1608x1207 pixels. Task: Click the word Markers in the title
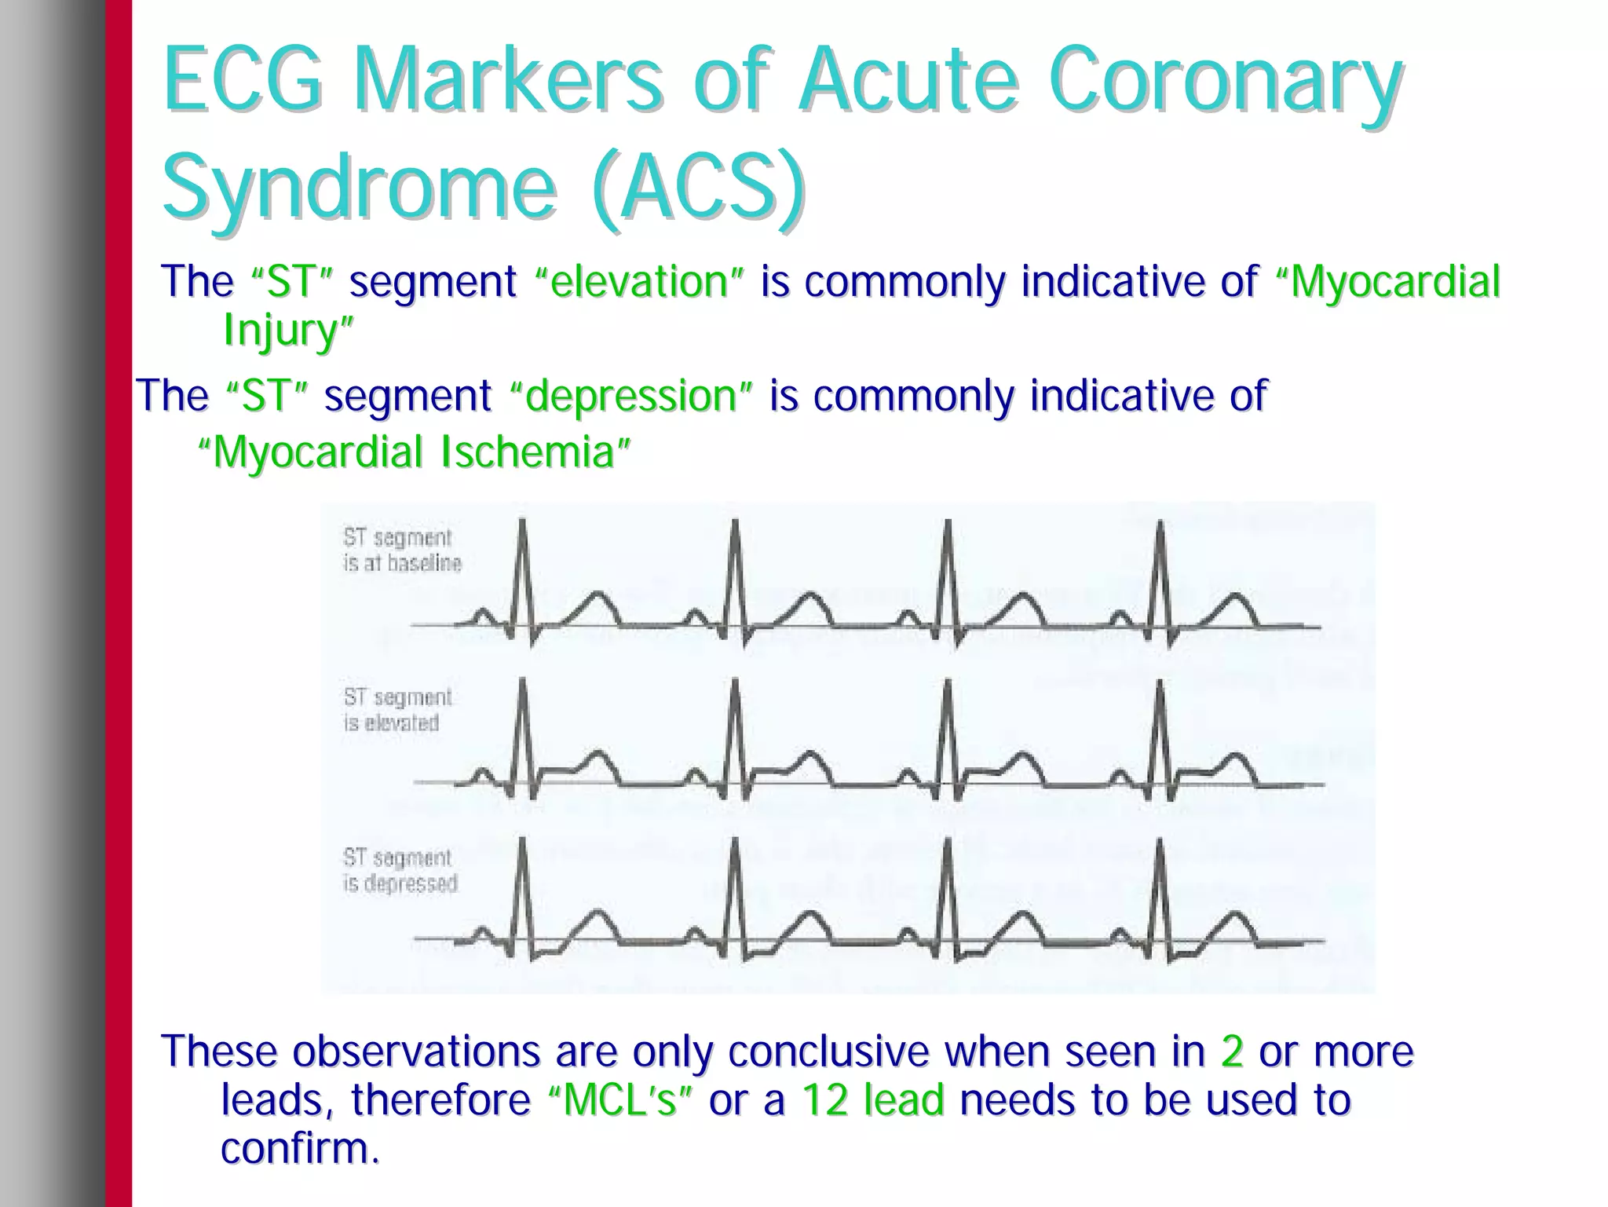point(508,80)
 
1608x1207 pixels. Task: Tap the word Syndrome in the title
point(359,187)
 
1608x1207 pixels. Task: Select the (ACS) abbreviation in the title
point(700,187)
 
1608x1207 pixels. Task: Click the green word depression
point(630,396)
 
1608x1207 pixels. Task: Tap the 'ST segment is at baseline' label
point(402,550)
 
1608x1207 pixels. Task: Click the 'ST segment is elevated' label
point(397,710)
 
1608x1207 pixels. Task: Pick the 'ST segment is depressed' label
point(400,870)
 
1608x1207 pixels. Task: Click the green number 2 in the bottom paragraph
point(1232,1052)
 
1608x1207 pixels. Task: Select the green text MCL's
point(619,1100)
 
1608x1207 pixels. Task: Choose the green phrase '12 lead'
point(872,1100)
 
